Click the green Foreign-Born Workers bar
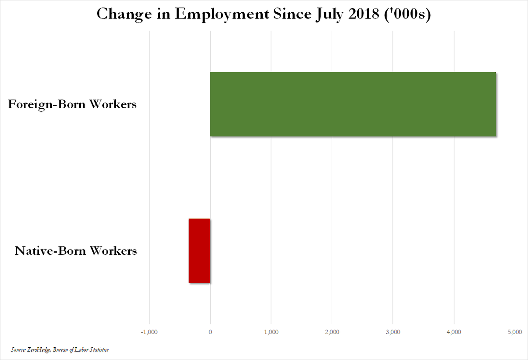[353, 104]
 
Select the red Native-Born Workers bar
[199, 250]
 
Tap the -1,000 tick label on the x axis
[149, 331]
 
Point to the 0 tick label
[210, 331]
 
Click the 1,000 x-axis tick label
[271, 331]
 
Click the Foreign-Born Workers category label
[72, 105]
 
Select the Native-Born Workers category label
[76, 251]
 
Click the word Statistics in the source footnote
[98, 349]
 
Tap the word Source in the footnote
[18, 349]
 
